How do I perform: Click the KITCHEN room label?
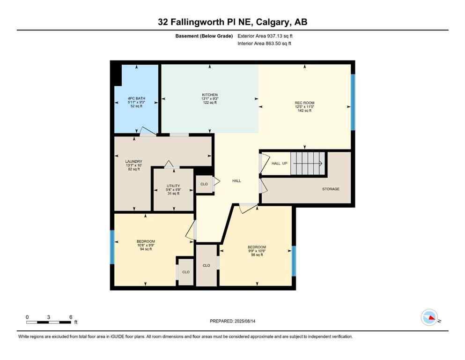(210, 98)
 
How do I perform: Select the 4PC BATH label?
(136, 102)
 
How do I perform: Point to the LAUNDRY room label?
(134, 165)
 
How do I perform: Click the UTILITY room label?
(173, 189)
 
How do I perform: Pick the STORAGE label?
(330, 189)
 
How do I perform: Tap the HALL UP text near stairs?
(280, 163)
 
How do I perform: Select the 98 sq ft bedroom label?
(257, 251)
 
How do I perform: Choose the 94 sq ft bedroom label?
(146, 245)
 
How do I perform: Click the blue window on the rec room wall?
(353, 102)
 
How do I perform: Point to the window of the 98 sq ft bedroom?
(294, 261)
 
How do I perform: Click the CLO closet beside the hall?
(204, 184)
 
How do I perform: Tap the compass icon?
(429, 318)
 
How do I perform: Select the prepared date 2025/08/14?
(232, 321)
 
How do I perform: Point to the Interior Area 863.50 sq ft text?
(265, 44)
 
